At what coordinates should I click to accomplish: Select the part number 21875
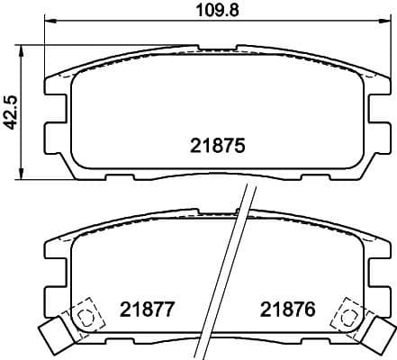(218, 145)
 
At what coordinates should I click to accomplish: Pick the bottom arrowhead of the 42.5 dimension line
(23, 177)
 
